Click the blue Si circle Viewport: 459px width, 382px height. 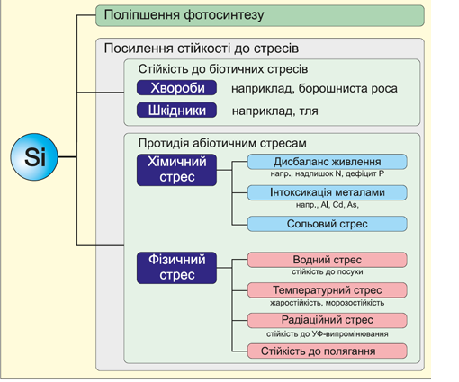(34, 156)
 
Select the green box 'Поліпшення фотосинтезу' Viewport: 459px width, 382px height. (260, 15)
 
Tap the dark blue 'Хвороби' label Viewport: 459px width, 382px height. (176, 88)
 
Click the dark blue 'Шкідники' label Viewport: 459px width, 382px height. (176, 111)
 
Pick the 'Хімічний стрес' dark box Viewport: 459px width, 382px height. (176, 170)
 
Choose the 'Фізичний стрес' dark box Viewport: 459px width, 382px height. (176, 268)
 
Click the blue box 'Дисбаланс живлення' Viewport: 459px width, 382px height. (327, 162)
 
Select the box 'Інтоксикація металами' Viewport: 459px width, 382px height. (327, 192)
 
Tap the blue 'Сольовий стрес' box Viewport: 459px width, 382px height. (327, 224)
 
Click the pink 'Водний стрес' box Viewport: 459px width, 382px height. (327, 260)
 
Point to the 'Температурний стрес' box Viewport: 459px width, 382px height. (327, 290)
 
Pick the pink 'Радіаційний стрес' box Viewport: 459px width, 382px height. (327, 320)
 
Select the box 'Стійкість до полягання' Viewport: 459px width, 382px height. (327, 351)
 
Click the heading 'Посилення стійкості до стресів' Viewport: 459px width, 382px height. (202, 49)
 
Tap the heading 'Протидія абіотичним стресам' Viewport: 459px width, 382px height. (222, 143)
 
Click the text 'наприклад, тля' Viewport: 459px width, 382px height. (275, 111)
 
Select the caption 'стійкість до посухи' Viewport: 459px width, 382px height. (328, 271)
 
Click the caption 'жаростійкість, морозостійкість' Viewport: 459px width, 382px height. (327, 303)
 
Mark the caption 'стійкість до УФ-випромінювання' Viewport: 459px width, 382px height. (328, 333)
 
